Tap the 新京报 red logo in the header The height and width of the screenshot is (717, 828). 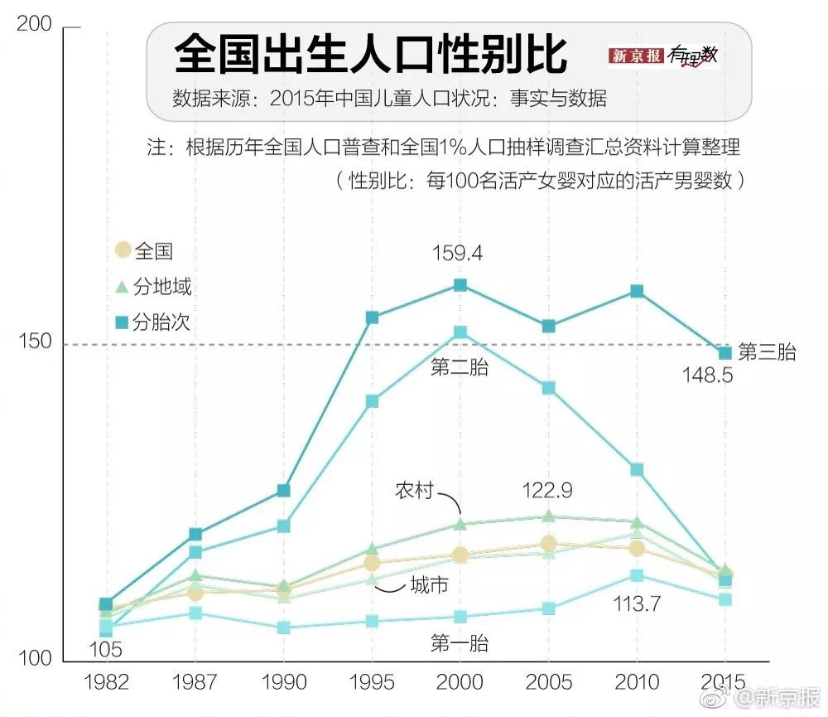coord(636,56)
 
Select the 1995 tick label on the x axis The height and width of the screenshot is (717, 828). coord(372,681)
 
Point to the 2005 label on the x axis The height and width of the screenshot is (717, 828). coord(548,681)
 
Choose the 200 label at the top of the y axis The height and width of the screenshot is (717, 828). coord(36,27)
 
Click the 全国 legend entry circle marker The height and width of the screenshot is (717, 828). coord(123,250)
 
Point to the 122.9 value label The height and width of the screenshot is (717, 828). coord(547,490)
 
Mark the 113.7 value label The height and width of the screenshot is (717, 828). coord(636,604)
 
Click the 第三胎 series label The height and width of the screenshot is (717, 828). coord(767,352)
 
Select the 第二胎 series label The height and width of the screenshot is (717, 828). coord(460,367)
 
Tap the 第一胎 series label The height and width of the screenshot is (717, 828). coord(460,642)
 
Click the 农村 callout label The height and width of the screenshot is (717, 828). coord(414,490)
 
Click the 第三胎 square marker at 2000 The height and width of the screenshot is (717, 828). coord(460,285)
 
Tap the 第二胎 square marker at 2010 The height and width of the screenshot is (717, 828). coord(637,469)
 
